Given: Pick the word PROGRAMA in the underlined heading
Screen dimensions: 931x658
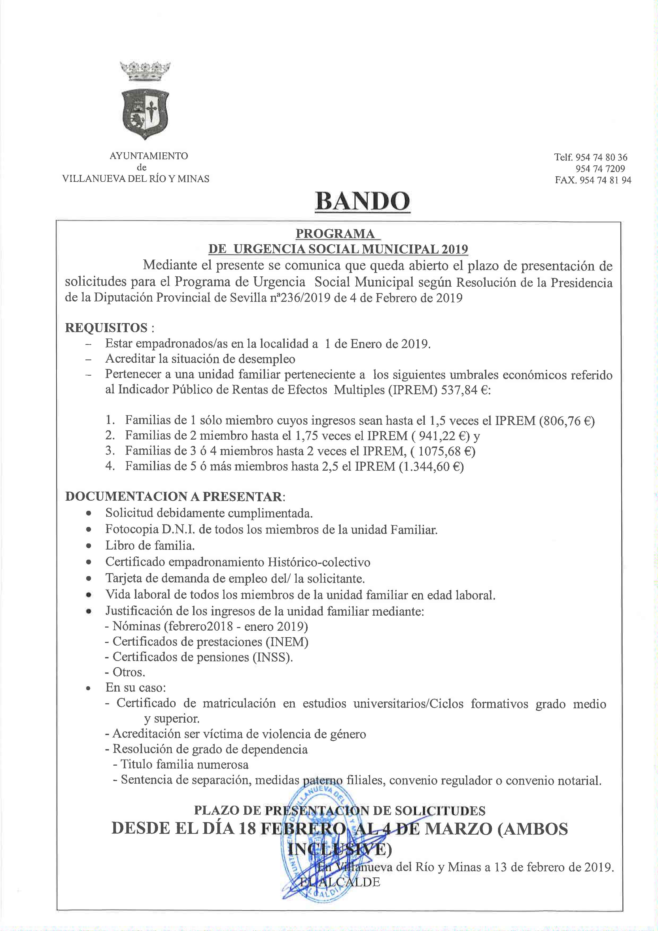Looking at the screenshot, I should pos(335,234).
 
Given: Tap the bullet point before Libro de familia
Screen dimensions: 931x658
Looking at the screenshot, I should pos(88,546).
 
